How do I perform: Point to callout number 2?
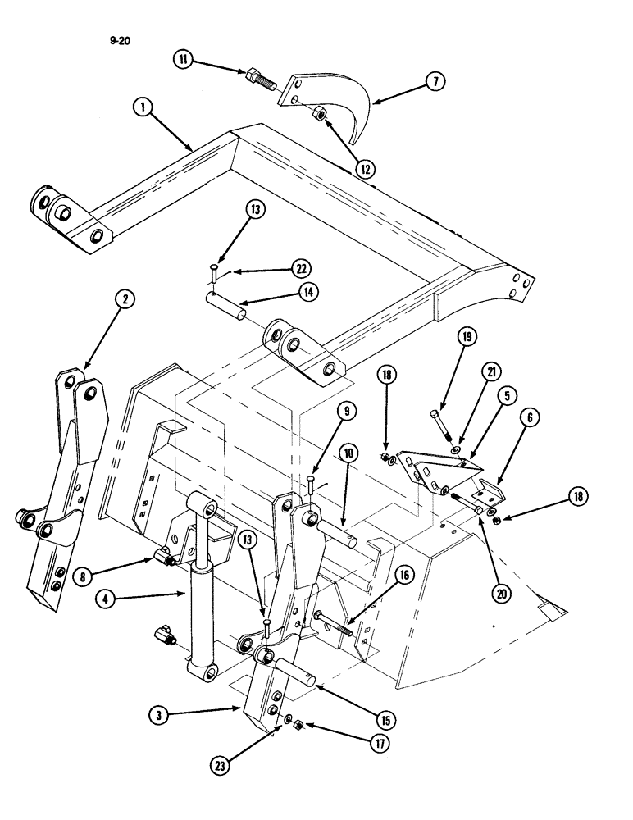[x=124, y=300]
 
